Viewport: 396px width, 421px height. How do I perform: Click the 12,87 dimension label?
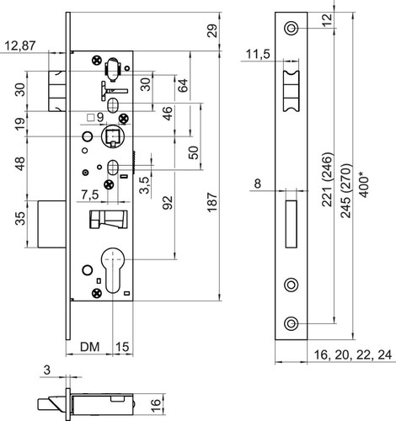coord(20,45)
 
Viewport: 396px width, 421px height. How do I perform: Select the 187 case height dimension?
coord(212,202)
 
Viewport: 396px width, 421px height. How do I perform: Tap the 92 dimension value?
coord(168,202)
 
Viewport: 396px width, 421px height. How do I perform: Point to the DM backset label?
coord(90,347)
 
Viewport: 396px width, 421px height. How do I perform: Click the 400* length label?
coord(364,186)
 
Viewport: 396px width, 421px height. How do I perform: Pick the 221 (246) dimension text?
coord(327,179)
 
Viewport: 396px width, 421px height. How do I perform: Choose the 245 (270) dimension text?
coord(345,191)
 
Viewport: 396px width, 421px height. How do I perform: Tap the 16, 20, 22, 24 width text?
coord(352,354)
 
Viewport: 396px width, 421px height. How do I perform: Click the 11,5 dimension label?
coord(258,54)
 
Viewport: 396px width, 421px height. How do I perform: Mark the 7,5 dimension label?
coord(90,195)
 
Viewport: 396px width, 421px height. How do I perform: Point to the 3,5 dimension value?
coord(144,185)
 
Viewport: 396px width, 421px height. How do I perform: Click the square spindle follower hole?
coord(113,136)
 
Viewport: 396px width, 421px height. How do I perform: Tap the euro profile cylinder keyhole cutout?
coord(113,270)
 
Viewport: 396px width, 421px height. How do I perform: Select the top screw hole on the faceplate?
coord(291,29)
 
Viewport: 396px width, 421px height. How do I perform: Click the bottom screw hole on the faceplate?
coord(291,323)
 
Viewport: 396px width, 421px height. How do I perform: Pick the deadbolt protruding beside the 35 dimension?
coord(52,224)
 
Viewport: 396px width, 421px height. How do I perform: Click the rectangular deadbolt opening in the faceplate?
coord(292,224)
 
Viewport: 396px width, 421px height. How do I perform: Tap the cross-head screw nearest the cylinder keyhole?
coord(97,294)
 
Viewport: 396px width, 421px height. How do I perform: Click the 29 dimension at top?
coord(212,31)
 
